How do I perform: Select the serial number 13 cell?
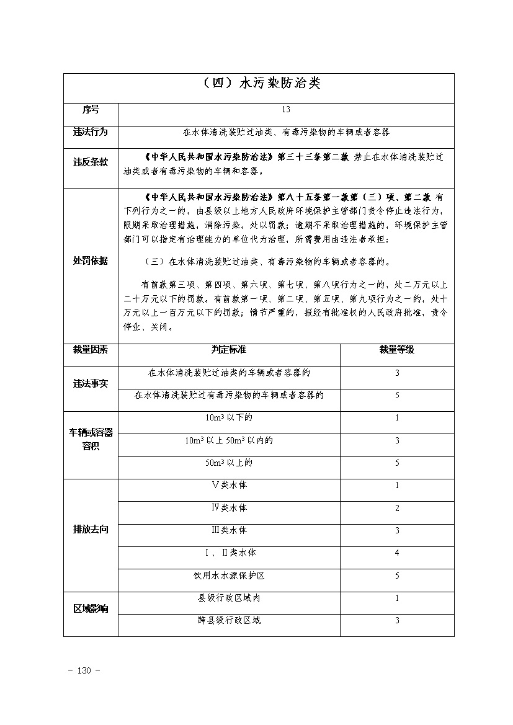tap(285, 110)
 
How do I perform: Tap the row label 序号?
tap(91, 110)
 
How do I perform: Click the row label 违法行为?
tap(91, 132)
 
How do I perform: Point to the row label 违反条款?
tap(91, 162)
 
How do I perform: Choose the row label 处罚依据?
tap(91, 261)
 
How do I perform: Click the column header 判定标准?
tap(228, 350)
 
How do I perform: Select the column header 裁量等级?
tap(397, 350)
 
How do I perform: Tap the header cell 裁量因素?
tap(91, 350)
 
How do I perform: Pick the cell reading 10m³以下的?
tap(228, 418)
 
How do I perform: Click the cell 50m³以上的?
tap(228, 463)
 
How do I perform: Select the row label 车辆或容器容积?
tap(91, 440)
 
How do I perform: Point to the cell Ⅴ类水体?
tap(228, 485)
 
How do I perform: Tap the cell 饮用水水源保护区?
tap(228, 576)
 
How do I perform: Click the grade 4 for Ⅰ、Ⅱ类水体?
tap(397, 553)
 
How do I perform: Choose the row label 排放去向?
tap(91, 530)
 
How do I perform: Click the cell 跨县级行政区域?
tap(228, 620)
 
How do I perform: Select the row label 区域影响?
tap(91, 608)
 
